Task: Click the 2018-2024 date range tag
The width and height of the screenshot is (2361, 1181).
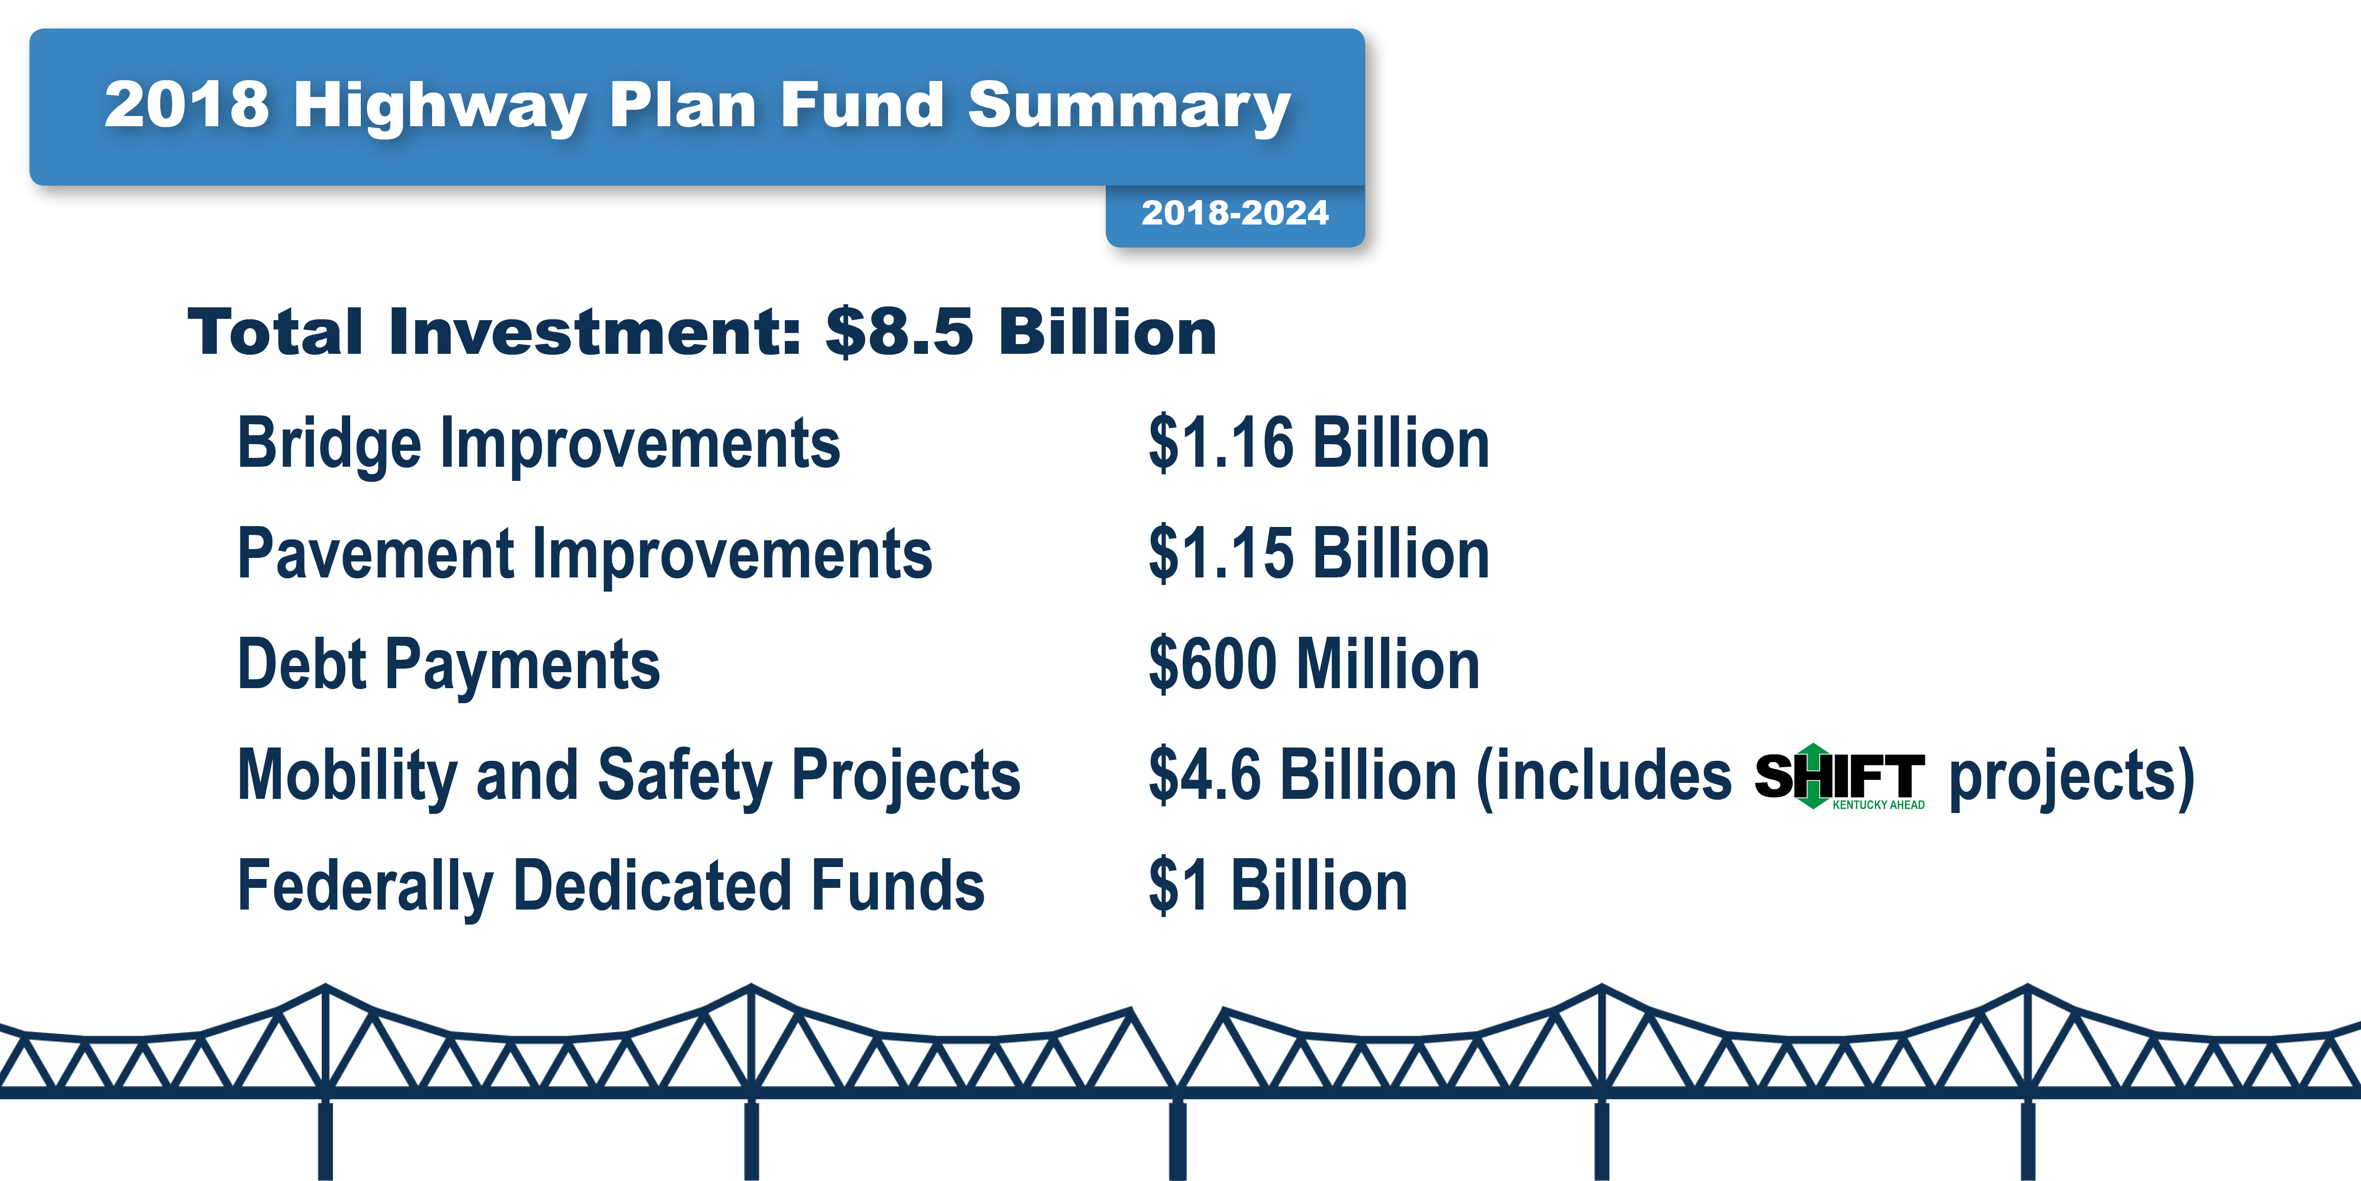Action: (1235, 213)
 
